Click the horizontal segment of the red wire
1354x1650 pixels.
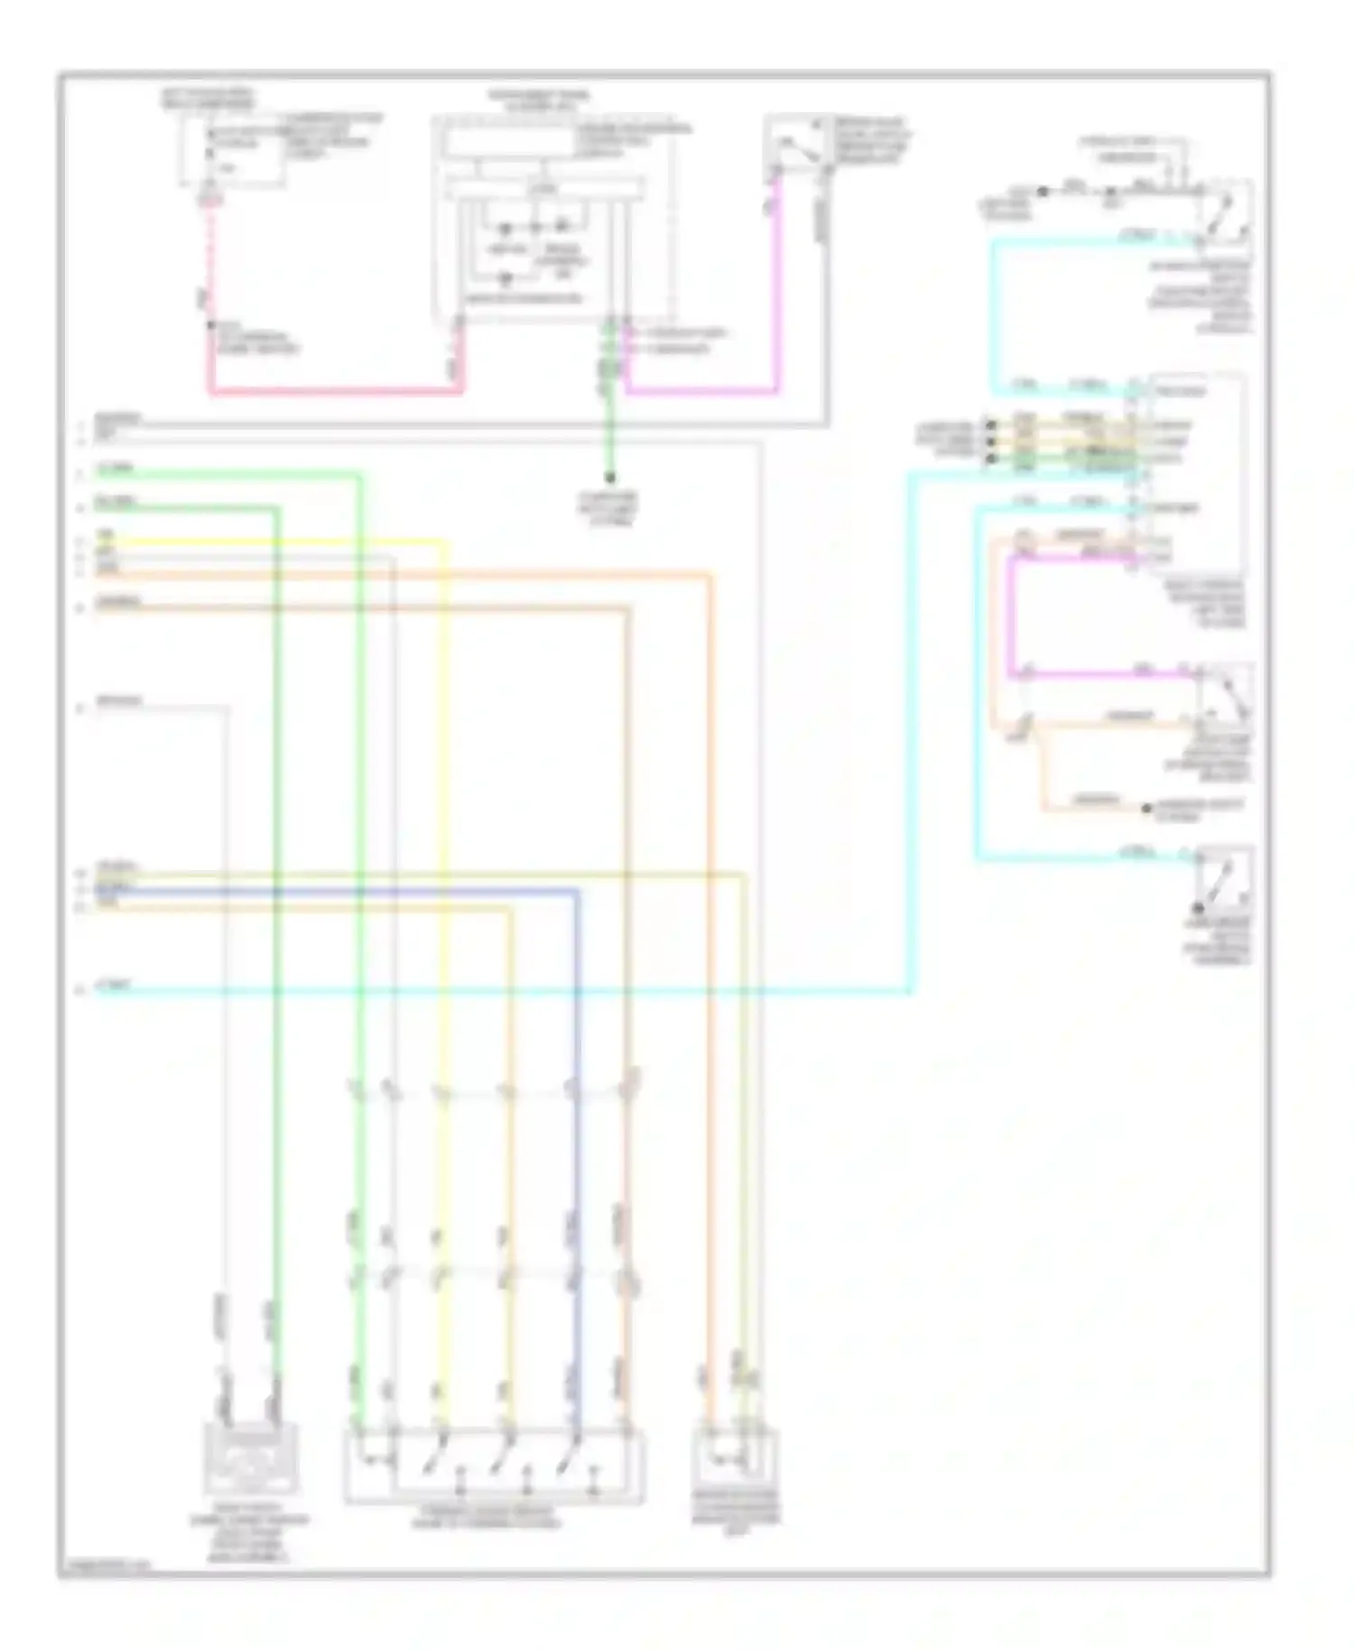(x=334, y=392)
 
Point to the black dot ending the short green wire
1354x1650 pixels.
(x=610, y=477)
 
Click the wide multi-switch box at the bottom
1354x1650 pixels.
(x=494, y=1466)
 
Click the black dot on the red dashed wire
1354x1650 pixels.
(x=209, y=325)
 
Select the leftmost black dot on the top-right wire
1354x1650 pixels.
(x=1042, y=191)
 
